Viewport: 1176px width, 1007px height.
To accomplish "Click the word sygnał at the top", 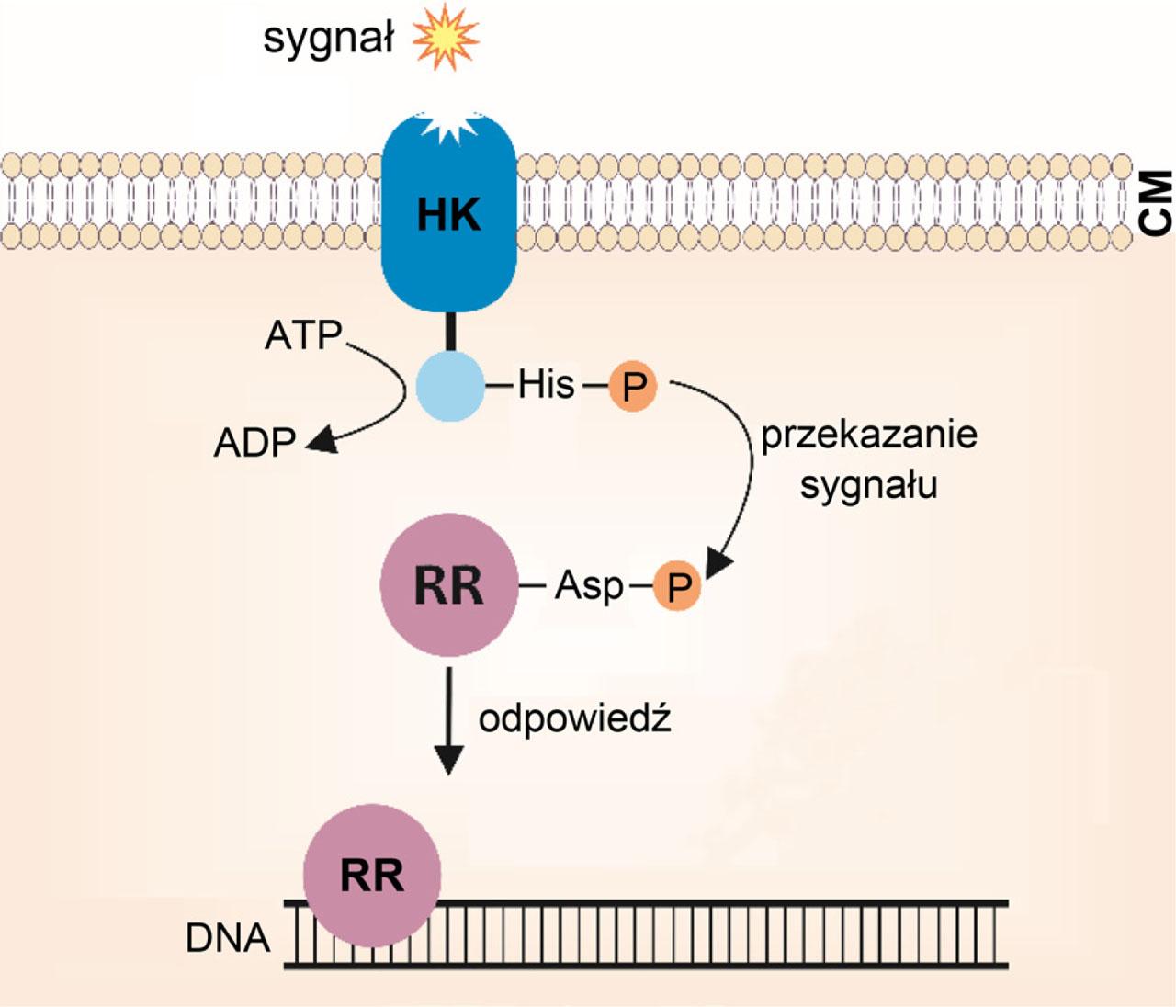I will pyautogui.click(x=328, y=40).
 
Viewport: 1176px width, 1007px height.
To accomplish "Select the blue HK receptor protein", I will pyautogui.click(x=448, y=216).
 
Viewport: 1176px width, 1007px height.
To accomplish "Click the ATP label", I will pyautogui.click(x=303, y=335).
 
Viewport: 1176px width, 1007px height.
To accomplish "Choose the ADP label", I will pyautogui.click(x=254, y=443).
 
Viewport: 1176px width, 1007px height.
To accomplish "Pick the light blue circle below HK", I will pyautogui.click(x=450, y=386).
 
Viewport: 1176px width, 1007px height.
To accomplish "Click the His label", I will pyautogui.click(x=546, y=384).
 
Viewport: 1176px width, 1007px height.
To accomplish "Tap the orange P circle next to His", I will pyautogui.click(x=632, y=386).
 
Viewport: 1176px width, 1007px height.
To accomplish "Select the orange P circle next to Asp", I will pyautogui.click(x=678, y=586).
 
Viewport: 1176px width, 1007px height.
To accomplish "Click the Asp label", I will pyautogui.click(x=589, y=585).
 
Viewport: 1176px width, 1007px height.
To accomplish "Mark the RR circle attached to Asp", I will pyautogui.click(x=448, y=585).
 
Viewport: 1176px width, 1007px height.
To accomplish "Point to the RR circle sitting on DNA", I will pyautogui.click(x=372, y=875).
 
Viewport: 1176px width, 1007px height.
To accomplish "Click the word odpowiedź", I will pyautogui.click(x=575, y=718).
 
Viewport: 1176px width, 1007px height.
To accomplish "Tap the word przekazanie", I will pyautogui.click(x=868, y=435).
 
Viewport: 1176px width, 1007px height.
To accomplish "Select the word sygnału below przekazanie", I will pyautogui.click(x=868, y=484).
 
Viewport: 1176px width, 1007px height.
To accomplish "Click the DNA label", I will pyautogui.click(x=228, y=938).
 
